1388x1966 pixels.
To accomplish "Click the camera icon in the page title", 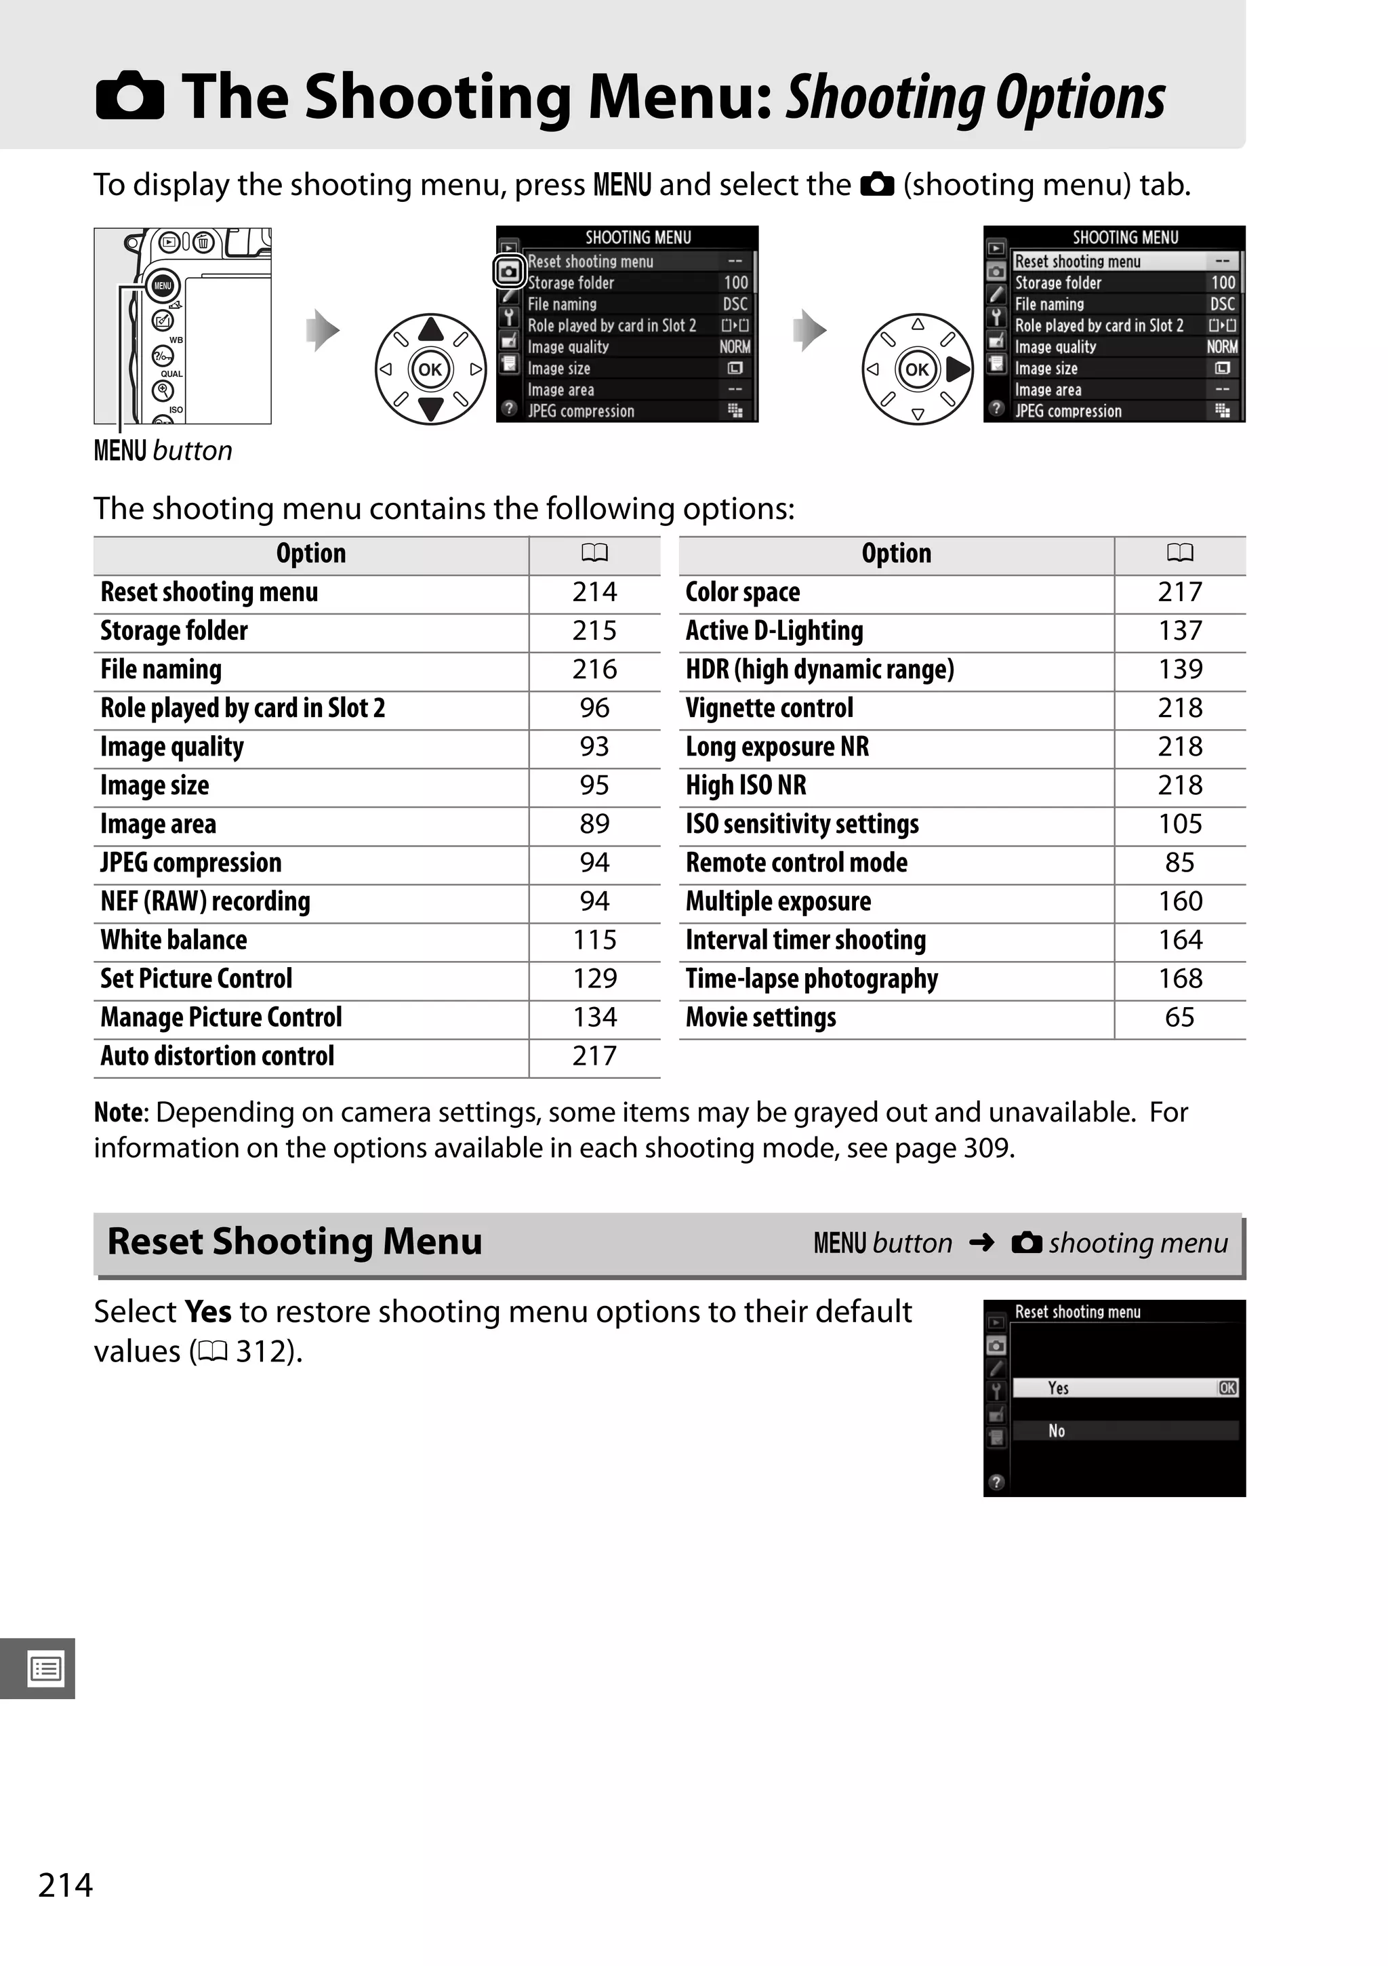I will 129,96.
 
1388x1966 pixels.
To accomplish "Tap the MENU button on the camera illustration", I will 163,286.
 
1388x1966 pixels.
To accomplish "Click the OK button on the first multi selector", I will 430,369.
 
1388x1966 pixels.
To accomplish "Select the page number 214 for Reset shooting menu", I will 594,592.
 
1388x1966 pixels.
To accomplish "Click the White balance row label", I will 173,940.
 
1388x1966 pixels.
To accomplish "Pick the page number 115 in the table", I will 594,940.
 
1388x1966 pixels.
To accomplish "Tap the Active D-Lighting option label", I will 774,631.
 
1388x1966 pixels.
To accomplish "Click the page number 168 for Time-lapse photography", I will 1179,979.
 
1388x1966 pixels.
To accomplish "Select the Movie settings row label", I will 760,1017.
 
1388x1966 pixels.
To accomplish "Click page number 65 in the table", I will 1179,1017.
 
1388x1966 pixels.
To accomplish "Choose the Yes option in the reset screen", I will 1059,1388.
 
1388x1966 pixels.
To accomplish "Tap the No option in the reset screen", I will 1057,1431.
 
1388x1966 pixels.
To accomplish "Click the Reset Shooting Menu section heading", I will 295,1242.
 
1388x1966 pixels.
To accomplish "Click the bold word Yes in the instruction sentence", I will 208,1312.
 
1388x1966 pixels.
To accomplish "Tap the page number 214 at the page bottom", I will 66,1885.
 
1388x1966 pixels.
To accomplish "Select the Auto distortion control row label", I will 218,1056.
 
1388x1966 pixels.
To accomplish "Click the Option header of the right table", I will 896,554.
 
